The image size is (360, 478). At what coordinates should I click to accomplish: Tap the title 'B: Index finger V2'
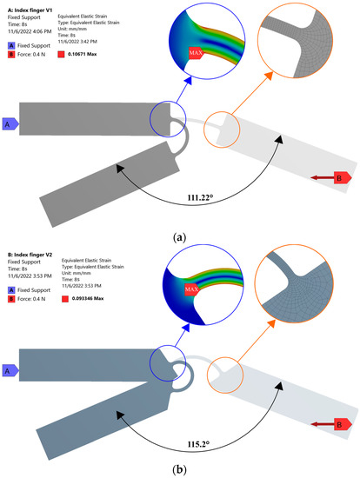click(31, 248)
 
